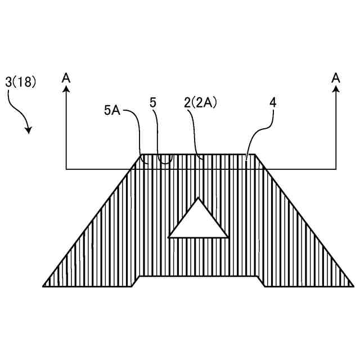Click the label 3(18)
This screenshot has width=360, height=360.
tap(21, 82)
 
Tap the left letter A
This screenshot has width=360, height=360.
tap(66, 78)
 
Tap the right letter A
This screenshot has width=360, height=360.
tap(336, 78)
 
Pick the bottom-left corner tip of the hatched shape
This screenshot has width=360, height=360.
tap(43, 286)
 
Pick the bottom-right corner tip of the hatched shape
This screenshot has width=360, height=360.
tap(353, 286)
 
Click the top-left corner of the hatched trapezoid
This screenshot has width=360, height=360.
tap(142, 154)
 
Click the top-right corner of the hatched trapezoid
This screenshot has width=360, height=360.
tap(255, 154)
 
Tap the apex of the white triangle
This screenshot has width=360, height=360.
tap(197, 198)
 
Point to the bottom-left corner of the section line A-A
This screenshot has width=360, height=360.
tap(66, 169)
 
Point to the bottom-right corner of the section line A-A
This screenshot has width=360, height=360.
tap(336, 169)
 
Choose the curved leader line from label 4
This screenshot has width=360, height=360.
tap(259, 133)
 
